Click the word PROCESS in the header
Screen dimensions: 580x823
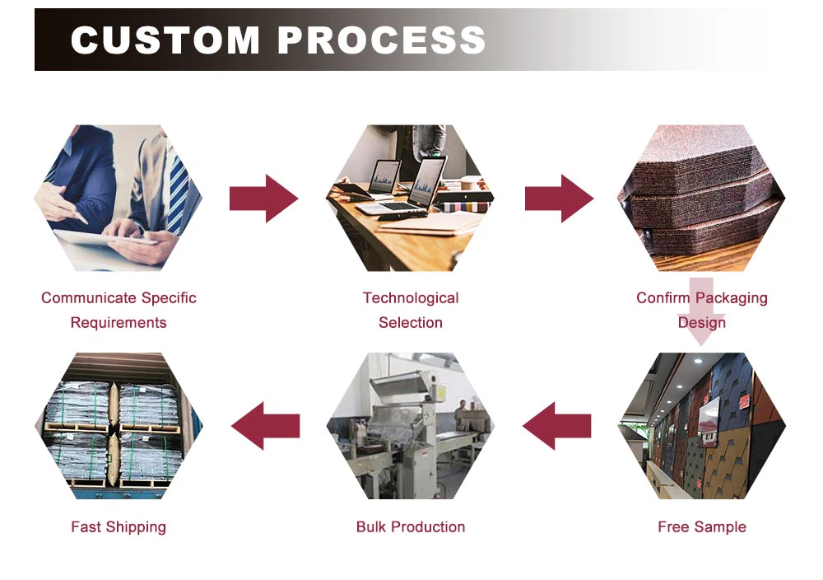point(380,40)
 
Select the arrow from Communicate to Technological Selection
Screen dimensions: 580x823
point(263,199)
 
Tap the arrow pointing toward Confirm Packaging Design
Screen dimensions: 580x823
point(559,199)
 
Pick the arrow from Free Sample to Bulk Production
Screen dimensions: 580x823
point(557,426)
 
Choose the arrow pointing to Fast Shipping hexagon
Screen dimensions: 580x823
point(265,426)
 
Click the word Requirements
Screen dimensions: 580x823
point(119,323)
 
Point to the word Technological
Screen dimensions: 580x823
point(411,298)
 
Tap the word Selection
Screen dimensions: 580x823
point(411,323)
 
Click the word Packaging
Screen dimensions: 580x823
point(733,298)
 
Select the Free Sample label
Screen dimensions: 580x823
point(702,527)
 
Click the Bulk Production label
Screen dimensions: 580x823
point(411,527)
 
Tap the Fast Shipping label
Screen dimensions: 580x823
point(119,527)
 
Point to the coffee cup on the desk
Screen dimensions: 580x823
point(470,183)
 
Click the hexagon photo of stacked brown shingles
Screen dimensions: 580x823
point(702,199)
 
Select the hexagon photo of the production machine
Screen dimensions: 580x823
point(411,426)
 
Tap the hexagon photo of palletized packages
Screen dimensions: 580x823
point(119,426)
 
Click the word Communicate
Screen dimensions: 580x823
point(90,298)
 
